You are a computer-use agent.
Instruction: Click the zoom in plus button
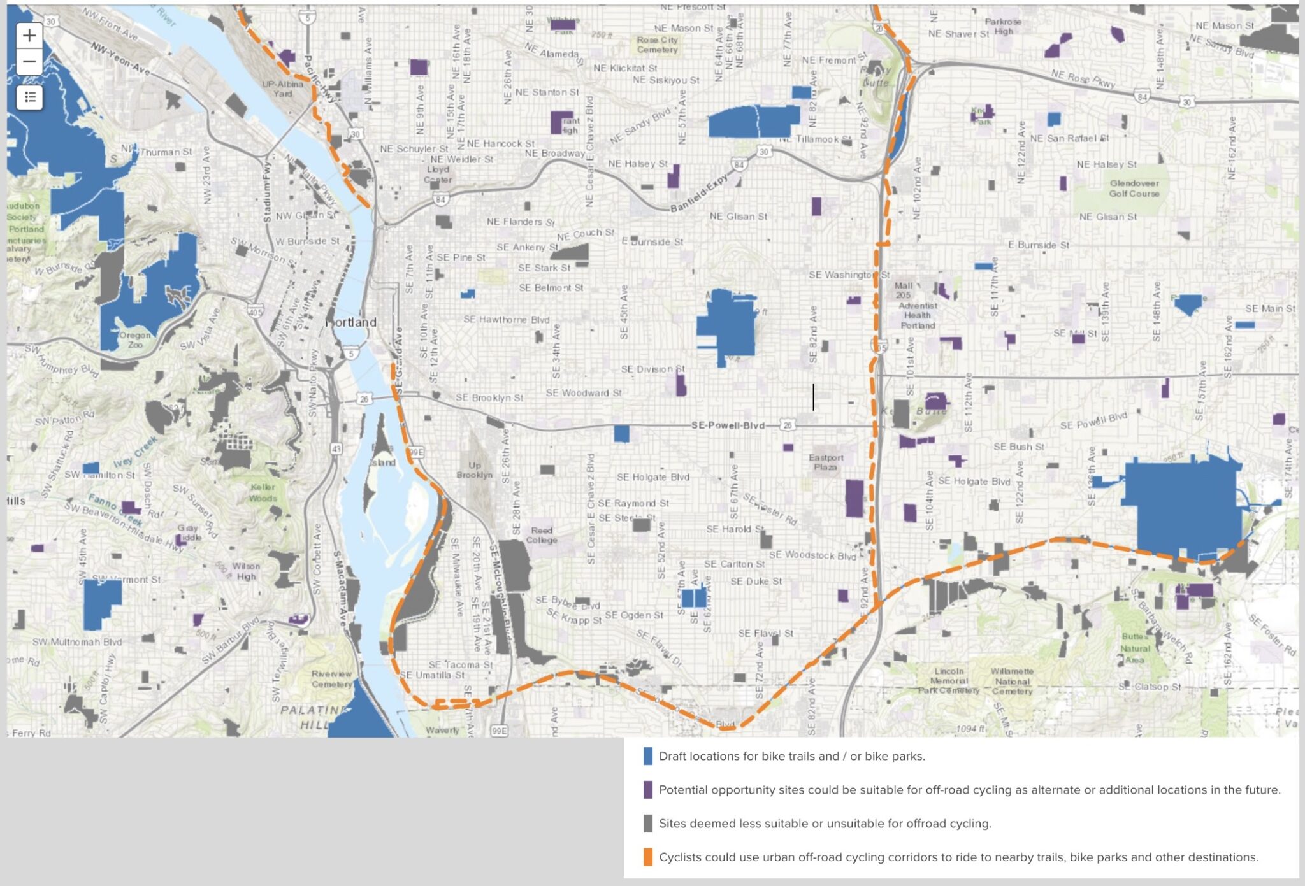coord(29,36)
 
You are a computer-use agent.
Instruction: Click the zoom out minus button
coord(29,62)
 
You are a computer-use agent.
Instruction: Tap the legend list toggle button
coord(29,97)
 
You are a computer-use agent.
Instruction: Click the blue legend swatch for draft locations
coord(647,756)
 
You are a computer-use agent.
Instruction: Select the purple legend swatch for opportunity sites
coord(647,790)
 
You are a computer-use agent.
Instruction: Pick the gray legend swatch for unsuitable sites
coord(647,824)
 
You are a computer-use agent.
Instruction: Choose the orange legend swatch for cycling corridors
coord(647,857)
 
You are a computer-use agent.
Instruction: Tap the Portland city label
coord(352,322)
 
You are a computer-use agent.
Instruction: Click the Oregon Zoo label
coord(134,339)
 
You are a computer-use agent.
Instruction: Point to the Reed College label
coord(542,535)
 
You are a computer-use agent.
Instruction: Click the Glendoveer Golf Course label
coord(1134,189)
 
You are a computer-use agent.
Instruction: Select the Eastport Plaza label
coord(826,462)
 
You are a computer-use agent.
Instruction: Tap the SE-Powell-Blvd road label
coord(728,425)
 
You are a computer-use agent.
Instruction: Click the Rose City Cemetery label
coord(658,45)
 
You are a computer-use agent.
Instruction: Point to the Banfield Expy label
coord(698,193)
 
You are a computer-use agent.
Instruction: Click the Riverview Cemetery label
coord(331,679)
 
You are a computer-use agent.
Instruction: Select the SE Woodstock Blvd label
coord(812,555)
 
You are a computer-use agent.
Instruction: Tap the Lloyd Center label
coord(438,175)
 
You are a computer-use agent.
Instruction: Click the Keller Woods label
coord(263,492)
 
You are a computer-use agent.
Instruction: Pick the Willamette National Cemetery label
coord(1012,682)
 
